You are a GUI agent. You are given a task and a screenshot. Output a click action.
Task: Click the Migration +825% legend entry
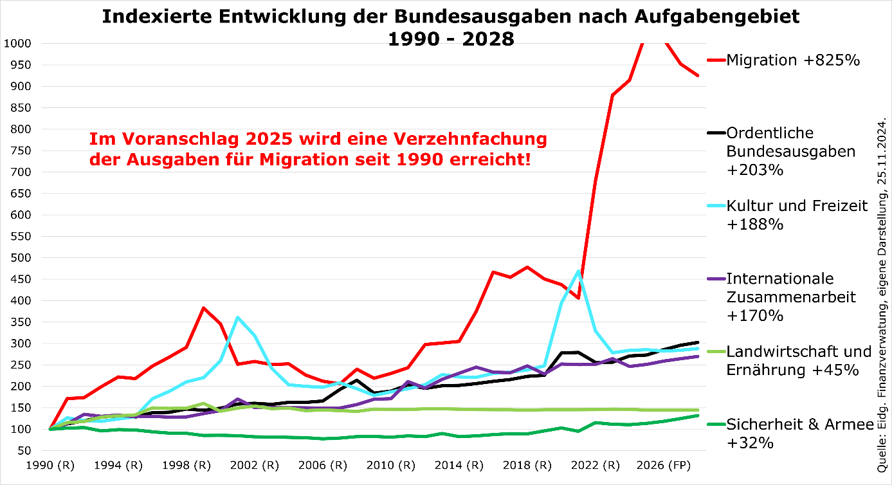pos(793,60)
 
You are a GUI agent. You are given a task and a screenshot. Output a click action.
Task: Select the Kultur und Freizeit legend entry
pos(797,215)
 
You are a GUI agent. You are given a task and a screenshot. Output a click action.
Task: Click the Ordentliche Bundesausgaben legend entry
pos(791,151)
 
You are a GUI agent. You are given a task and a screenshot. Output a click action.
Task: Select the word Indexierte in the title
pos(161,17)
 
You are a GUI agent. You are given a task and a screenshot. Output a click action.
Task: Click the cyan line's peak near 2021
pos(578,271)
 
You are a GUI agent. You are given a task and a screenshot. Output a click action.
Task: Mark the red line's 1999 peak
pos(203,308)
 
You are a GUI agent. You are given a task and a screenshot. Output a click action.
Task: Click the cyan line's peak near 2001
pos(238,317)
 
